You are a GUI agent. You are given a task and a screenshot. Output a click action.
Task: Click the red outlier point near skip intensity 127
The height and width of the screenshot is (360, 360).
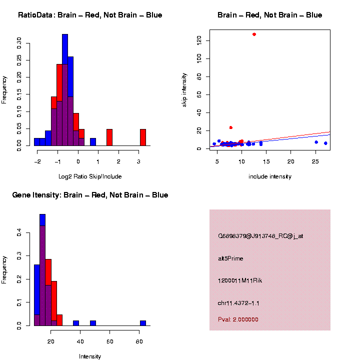click(x=254, y=34)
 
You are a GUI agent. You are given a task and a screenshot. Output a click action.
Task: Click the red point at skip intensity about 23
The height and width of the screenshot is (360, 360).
click(x=230, y=127)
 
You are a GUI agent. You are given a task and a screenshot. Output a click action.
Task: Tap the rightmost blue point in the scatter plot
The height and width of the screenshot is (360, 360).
click(x=325, y=143)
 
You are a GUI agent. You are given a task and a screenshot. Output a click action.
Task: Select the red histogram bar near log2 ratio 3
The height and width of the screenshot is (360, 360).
click(x=142, y=137)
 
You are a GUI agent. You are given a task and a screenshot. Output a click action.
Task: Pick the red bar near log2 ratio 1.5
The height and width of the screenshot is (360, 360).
click(x=109, y=137)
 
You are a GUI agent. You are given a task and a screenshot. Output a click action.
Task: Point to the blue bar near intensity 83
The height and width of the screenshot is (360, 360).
click(x=142, y=323)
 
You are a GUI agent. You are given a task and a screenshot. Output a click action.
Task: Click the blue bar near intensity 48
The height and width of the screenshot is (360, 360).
click(x=93, y=323)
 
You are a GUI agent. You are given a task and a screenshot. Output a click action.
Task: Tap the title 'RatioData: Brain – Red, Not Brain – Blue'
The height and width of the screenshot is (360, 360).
click(x=90, y=15)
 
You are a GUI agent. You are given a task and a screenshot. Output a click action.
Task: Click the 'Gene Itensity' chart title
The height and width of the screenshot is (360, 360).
click(x=90, y=195)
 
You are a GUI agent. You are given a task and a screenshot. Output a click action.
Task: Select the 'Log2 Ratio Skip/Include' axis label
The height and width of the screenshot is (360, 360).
click(x=90, y=176)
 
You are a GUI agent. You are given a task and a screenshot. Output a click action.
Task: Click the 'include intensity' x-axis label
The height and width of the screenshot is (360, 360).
click(x=270, y=176)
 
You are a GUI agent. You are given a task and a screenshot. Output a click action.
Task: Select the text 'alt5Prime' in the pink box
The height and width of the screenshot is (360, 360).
click(x=230, y=258)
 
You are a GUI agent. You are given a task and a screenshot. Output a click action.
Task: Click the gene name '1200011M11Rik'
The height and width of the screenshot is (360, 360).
click(x=240, y=280)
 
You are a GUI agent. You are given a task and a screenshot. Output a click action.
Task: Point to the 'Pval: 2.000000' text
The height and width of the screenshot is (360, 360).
click(x=238, y=319)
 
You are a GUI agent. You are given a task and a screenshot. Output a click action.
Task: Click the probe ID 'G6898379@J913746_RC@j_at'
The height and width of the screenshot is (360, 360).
click(x=260, y=236)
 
